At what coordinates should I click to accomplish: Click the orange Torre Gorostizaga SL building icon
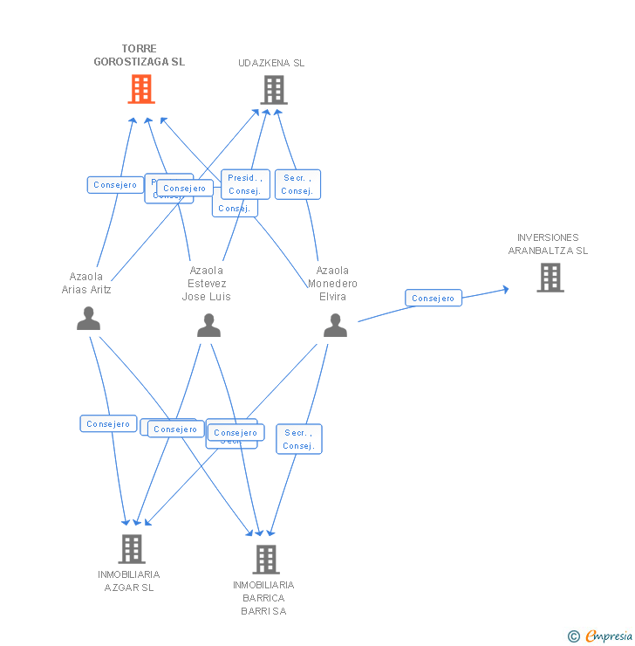[x=141, y=89]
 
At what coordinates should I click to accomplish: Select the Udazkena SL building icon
[x=273, y=89]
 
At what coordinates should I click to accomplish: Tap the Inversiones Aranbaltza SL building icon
[x=550, y=277]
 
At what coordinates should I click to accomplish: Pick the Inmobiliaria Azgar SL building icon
[x=132, y=548]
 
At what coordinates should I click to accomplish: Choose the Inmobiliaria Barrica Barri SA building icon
[x=265, y=559]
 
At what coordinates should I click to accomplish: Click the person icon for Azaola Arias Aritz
[x=88, y=319]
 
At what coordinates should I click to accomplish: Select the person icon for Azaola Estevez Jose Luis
[x=208, y=325]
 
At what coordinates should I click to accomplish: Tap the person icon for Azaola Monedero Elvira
[x=335, y=325]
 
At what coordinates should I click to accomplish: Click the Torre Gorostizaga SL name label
[x=140, y=56]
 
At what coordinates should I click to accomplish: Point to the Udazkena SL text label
[x=271, y=63]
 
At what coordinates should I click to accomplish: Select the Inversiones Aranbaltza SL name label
[x=548, y=244]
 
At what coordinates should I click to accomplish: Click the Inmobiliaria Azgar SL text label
[x=129, y=581]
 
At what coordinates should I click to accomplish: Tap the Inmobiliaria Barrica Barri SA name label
[x=263, y=597]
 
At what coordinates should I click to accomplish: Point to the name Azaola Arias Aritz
[x=86, y=283]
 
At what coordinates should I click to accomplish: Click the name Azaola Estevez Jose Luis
[x=207, y=284]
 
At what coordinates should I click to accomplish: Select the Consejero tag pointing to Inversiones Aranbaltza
[x=434, y=299]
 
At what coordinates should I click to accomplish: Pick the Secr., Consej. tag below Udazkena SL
[x=297, y=184]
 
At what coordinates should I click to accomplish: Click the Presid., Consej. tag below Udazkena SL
[x=245, y=184]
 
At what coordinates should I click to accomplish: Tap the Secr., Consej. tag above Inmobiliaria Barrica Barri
[x=299, y=439]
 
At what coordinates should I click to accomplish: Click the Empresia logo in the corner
[x=601, y=636]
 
